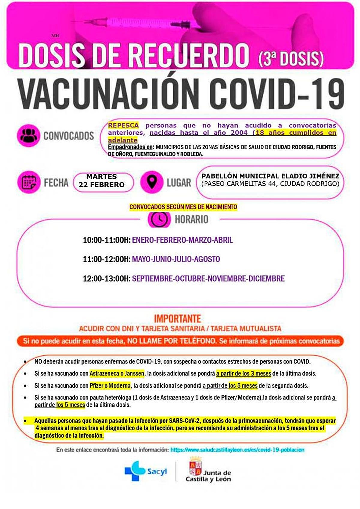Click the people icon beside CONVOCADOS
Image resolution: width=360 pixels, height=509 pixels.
coord(28,136)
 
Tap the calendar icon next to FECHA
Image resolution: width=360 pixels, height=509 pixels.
coord(28,182)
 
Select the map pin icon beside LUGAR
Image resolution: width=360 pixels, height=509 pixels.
coord(152,182)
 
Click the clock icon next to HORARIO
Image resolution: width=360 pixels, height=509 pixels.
coord(159,219)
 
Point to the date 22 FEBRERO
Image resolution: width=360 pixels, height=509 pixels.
coord(101,185)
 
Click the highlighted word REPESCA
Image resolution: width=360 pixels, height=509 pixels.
coord(123,125)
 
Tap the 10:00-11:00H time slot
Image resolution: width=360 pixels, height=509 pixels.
coord(106,240)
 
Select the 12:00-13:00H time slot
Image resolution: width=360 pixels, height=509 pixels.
coord(106,279)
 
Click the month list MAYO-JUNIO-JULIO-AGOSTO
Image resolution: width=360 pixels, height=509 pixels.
coord(176,259)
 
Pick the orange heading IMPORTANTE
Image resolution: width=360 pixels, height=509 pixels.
coord(178,319)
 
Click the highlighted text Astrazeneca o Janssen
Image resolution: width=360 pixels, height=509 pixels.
coord(117,374)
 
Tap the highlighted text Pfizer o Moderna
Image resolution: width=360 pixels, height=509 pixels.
coord(110,386)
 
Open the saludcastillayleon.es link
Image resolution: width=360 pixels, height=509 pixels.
coord(237,450)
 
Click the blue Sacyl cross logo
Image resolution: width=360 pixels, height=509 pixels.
coord(135,471)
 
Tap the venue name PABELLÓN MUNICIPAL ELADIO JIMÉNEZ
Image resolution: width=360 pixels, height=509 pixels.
coord(270,176)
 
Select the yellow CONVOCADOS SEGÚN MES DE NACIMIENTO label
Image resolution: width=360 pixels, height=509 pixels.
coord(183,207)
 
